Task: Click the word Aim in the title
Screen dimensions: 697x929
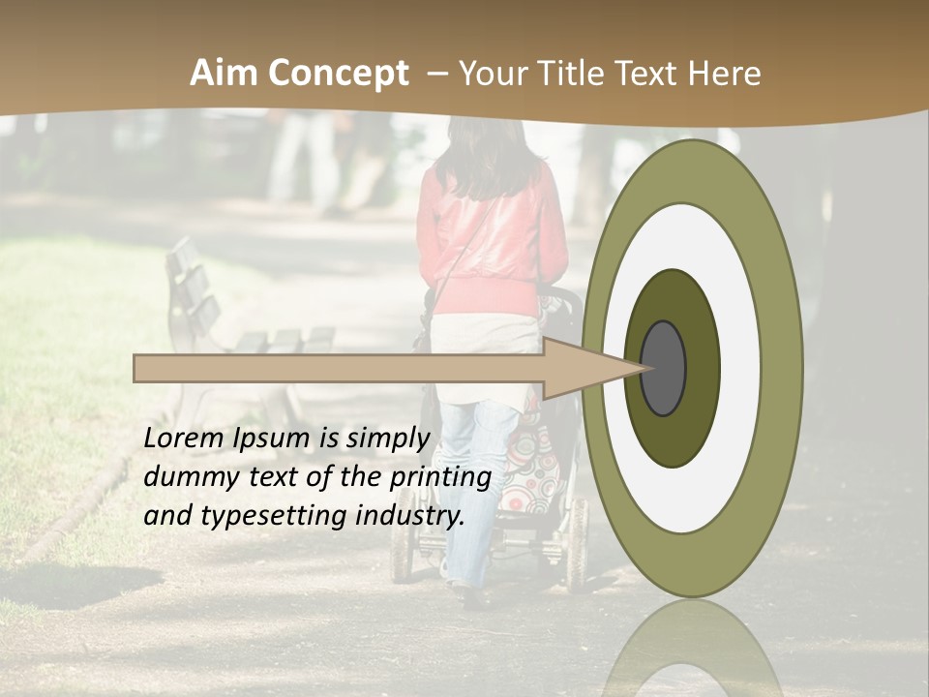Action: point(224,74)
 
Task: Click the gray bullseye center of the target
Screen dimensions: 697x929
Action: point(664,368)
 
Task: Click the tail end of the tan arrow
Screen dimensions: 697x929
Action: point(137,368)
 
